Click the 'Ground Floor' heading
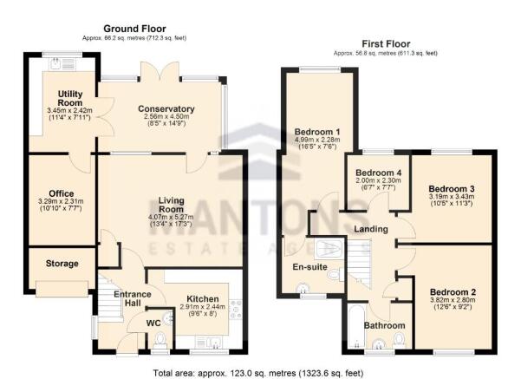pos(134,29)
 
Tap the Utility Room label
pos(69,97)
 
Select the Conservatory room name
pos(166,108)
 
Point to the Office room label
pos(61,193)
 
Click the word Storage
pos(62,263)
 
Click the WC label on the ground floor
pos(129,323)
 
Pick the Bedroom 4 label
pos(375,172)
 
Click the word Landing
pos(369,228)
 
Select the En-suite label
pos(310,267)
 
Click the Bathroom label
pos(385,325)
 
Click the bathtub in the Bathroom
pos(354,326)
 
